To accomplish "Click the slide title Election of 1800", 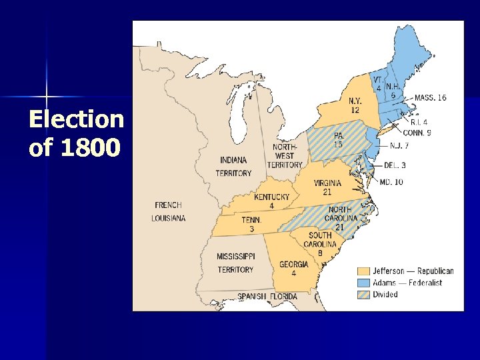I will tap(76, 133).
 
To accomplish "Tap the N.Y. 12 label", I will tap(355, 105).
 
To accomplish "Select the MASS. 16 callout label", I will tap(430, 97).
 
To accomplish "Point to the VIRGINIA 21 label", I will tap(327, 187).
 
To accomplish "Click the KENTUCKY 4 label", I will tap(271, 201).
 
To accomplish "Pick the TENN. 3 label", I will tap(251, 224).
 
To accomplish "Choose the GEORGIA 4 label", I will tap(293, 268).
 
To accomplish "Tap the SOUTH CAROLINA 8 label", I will tap(320, 244).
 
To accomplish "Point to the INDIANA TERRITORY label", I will tap(233, 166).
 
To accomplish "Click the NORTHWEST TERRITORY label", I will tap(285, 155).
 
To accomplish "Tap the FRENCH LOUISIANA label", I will tap(168, 211).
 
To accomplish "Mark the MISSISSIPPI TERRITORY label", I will tap(235, 263).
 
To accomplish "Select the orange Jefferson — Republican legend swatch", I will tap(363, 271).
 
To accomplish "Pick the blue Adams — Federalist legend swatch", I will tap(363, 283).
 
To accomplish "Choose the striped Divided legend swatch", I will tap(363, 294).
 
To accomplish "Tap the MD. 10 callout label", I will tap(391, 181).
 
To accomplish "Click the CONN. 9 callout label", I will tap(417, 133).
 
